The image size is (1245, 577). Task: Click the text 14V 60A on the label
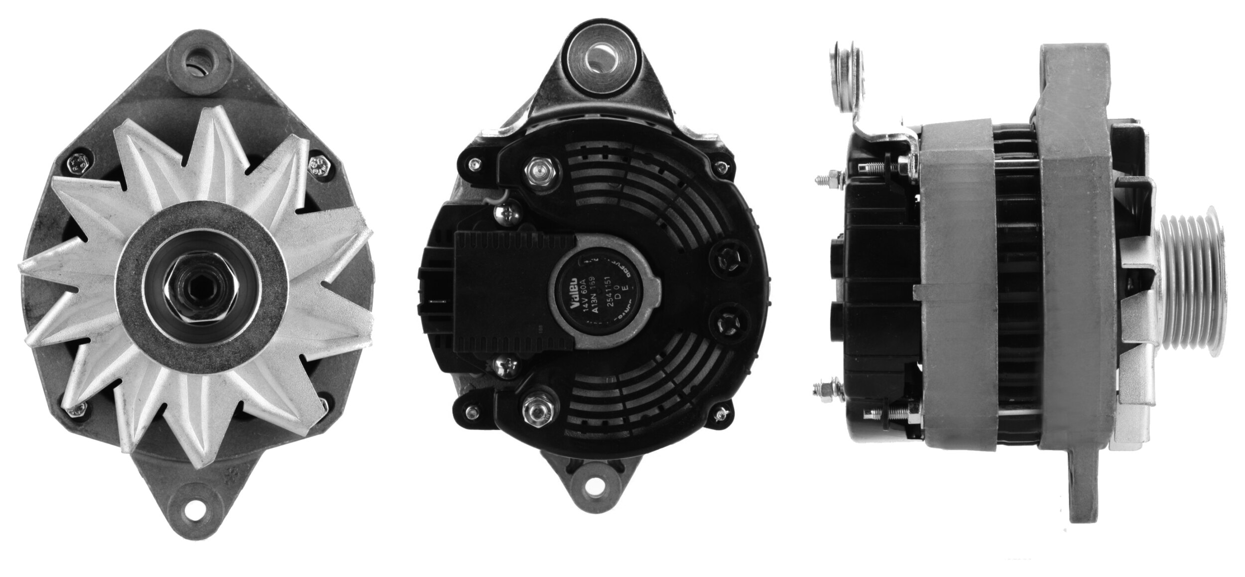pos(584,295)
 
